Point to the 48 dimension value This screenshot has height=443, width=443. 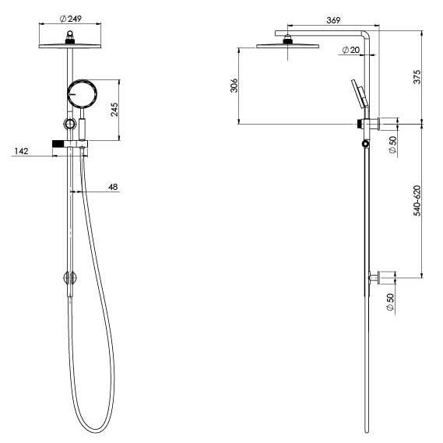[x=112, y=187]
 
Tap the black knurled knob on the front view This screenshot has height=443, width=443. [x=58, y=145]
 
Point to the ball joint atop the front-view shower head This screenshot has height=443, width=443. [x=72, y=35]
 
